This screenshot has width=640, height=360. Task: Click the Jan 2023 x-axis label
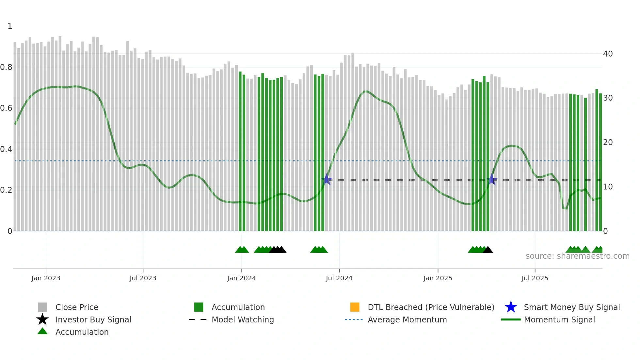pyautogui.click(x=46, y=278)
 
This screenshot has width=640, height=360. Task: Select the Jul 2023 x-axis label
pyautogui.click(x=143, y=278)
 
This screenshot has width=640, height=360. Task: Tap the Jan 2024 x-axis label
pyautogui.click(x=241, y=278)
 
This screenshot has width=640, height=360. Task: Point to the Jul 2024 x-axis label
pyautogui.click(x=339, y=278)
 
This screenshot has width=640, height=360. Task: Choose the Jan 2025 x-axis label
pyautogui.click(x=438, y=278)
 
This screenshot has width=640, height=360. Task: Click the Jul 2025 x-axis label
pyautogui.click(x=535, y=278)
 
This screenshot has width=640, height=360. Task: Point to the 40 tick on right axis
pyautogui.click(x=608, y=54)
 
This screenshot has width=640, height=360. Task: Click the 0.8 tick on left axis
pyautogui.click(x=6, y=67)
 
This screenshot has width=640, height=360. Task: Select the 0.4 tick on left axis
pyautogui.click(x=6, y=149)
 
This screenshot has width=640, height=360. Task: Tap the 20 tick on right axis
pyautogui.click(x=608, y=142)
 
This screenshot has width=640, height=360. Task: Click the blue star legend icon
pyautogui.click(x=511, y=307)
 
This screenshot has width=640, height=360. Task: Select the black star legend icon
pyautogui.click(x=42, y=319)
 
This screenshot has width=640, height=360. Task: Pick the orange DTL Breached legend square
pyautogui.click(x=355, y=307)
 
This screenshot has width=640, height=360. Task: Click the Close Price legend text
pyautogui.click(x=77, y=307)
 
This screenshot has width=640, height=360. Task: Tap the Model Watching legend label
pyautogui.click(x=243, y=319)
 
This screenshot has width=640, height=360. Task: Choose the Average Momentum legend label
pyautogui.click(x=407, y=319)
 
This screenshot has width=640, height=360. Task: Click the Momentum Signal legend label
pyautogui.click(x=559, y=319)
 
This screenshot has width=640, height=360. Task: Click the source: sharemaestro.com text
pyautogui.click(x=577, y=256)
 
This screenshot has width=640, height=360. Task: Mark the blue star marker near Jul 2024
pyautogui.click(x=327, y=179)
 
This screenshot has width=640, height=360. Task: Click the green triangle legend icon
pyautogui.click(x=42, y=331)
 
